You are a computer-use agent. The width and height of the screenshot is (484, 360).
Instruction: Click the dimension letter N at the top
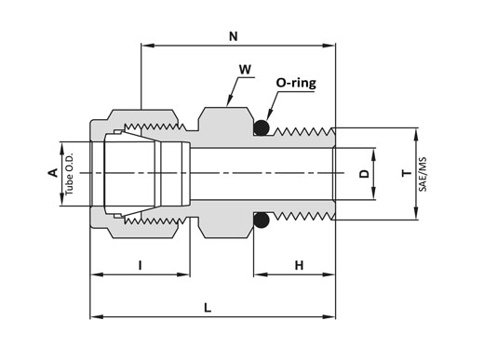234,36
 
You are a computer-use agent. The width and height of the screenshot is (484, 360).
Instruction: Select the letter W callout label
245,70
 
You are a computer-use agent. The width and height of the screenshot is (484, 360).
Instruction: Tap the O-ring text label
296,83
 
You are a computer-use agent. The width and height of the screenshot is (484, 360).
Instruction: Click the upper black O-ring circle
262,127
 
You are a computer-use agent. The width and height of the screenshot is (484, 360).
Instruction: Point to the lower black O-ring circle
262,220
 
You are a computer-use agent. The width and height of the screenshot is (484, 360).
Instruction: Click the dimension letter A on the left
53,172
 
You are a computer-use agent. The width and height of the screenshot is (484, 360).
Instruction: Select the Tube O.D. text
70,174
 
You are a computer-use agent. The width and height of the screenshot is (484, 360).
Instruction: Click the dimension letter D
364,174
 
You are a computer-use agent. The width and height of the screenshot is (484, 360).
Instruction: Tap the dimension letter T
407,173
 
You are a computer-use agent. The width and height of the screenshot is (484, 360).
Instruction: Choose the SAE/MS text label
423,174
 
